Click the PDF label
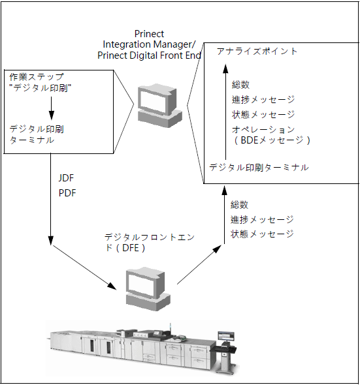click(67, 194)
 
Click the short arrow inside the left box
click(51, 106)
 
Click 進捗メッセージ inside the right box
click(263, 100)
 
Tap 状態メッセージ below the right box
click(262, 234)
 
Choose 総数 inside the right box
click(240, 85)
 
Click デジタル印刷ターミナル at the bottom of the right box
click(259, 168)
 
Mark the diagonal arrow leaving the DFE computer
click(197, 267)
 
